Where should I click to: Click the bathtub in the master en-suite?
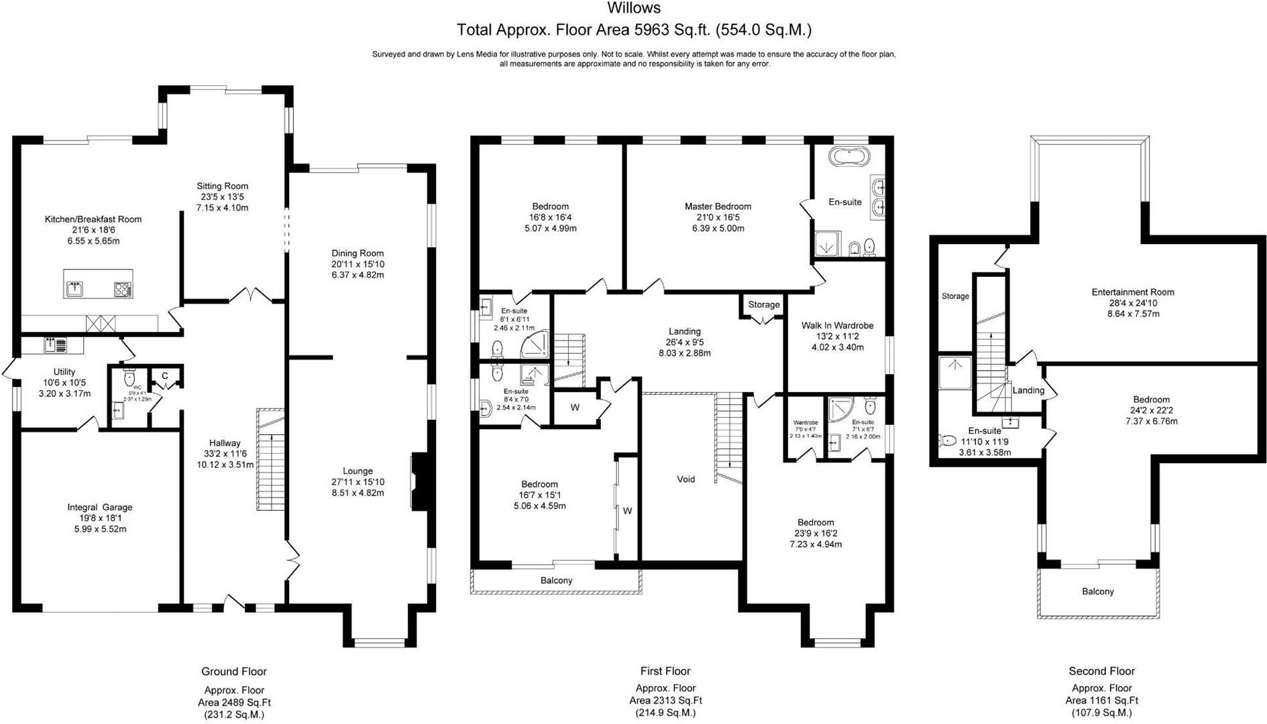849,157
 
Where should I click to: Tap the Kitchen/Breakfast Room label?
93,219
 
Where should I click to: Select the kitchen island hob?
123,290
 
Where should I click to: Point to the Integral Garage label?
100,507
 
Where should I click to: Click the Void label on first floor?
685,479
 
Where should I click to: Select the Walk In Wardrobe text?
837,326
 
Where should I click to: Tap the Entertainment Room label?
1133,292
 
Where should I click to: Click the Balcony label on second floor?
1097,591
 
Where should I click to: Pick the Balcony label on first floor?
556,581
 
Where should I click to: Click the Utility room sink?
56,345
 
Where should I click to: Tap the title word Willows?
633,8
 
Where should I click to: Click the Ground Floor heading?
234,671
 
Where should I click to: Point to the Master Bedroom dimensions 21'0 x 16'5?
718,217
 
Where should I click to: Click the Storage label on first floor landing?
763,304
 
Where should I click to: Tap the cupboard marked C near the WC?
164,375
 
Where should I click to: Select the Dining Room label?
357,253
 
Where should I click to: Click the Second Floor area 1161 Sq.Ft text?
1101,701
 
